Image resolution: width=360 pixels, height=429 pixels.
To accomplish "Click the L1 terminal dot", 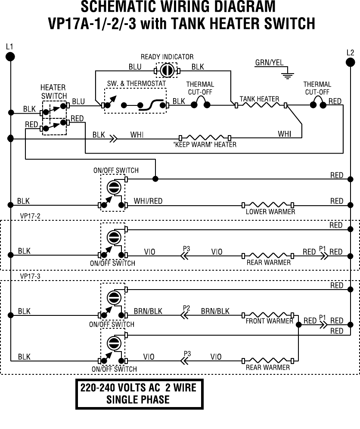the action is (x=10, y=57).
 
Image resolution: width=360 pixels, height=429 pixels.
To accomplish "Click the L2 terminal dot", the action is (x=350, y=63).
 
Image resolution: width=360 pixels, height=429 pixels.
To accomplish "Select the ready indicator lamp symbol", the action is (x=167, y=71).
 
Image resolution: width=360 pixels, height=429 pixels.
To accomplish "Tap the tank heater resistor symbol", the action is (x=261, y=105).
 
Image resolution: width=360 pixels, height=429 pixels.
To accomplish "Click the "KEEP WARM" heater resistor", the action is (x=205, y=138).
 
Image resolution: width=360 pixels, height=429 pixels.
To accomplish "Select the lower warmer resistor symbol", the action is (x=268, y=205).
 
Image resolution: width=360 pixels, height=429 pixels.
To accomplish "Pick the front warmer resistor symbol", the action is (x=268, y=315).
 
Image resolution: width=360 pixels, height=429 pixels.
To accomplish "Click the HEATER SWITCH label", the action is (x=53, y=92).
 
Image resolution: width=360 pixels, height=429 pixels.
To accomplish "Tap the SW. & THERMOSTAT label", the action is (x=137, y=83).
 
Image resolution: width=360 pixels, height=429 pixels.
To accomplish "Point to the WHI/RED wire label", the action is (x=148, y=201).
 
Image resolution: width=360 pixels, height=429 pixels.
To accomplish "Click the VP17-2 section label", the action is (x=30, y=216).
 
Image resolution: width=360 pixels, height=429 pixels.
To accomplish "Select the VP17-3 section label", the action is (x=30, y=276).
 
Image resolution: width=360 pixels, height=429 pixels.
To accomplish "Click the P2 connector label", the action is (x=186, y=308).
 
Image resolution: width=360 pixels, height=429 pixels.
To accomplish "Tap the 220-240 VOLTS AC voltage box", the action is (x=140, y=394).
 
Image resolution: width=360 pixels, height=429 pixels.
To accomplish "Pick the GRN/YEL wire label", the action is (x=269, y=63).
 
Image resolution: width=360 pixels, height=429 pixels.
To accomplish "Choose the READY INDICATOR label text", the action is (x=167, y=57).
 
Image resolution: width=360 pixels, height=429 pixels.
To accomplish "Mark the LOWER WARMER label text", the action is (x=270, y=212).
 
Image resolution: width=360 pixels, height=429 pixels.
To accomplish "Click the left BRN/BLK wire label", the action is (x=148, y=311).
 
